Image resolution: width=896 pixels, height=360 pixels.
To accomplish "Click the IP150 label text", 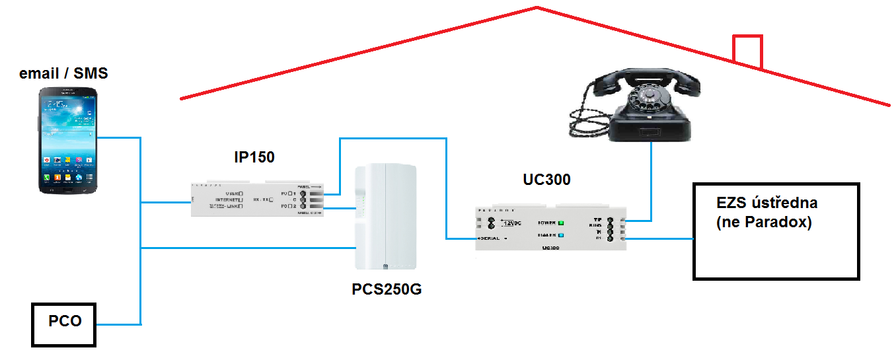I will point(254,158).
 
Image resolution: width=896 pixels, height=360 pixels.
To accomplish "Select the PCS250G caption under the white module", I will point(386,289).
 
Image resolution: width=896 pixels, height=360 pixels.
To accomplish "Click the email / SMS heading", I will point(63,73).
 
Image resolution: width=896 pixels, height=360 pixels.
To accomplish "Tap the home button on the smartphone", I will point(68,190).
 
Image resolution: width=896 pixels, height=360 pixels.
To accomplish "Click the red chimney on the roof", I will point(747,50).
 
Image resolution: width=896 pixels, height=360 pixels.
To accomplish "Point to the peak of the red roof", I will point(537,8).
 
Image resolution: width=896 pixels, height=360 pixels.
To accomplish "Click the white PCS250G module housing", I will point(386,218).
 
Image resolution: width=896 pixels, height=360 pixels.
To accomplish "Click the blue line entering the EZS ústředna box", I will point(661,238).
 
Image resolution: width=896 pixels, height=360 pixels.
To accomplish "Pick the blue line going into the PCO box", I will point(119,324).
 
